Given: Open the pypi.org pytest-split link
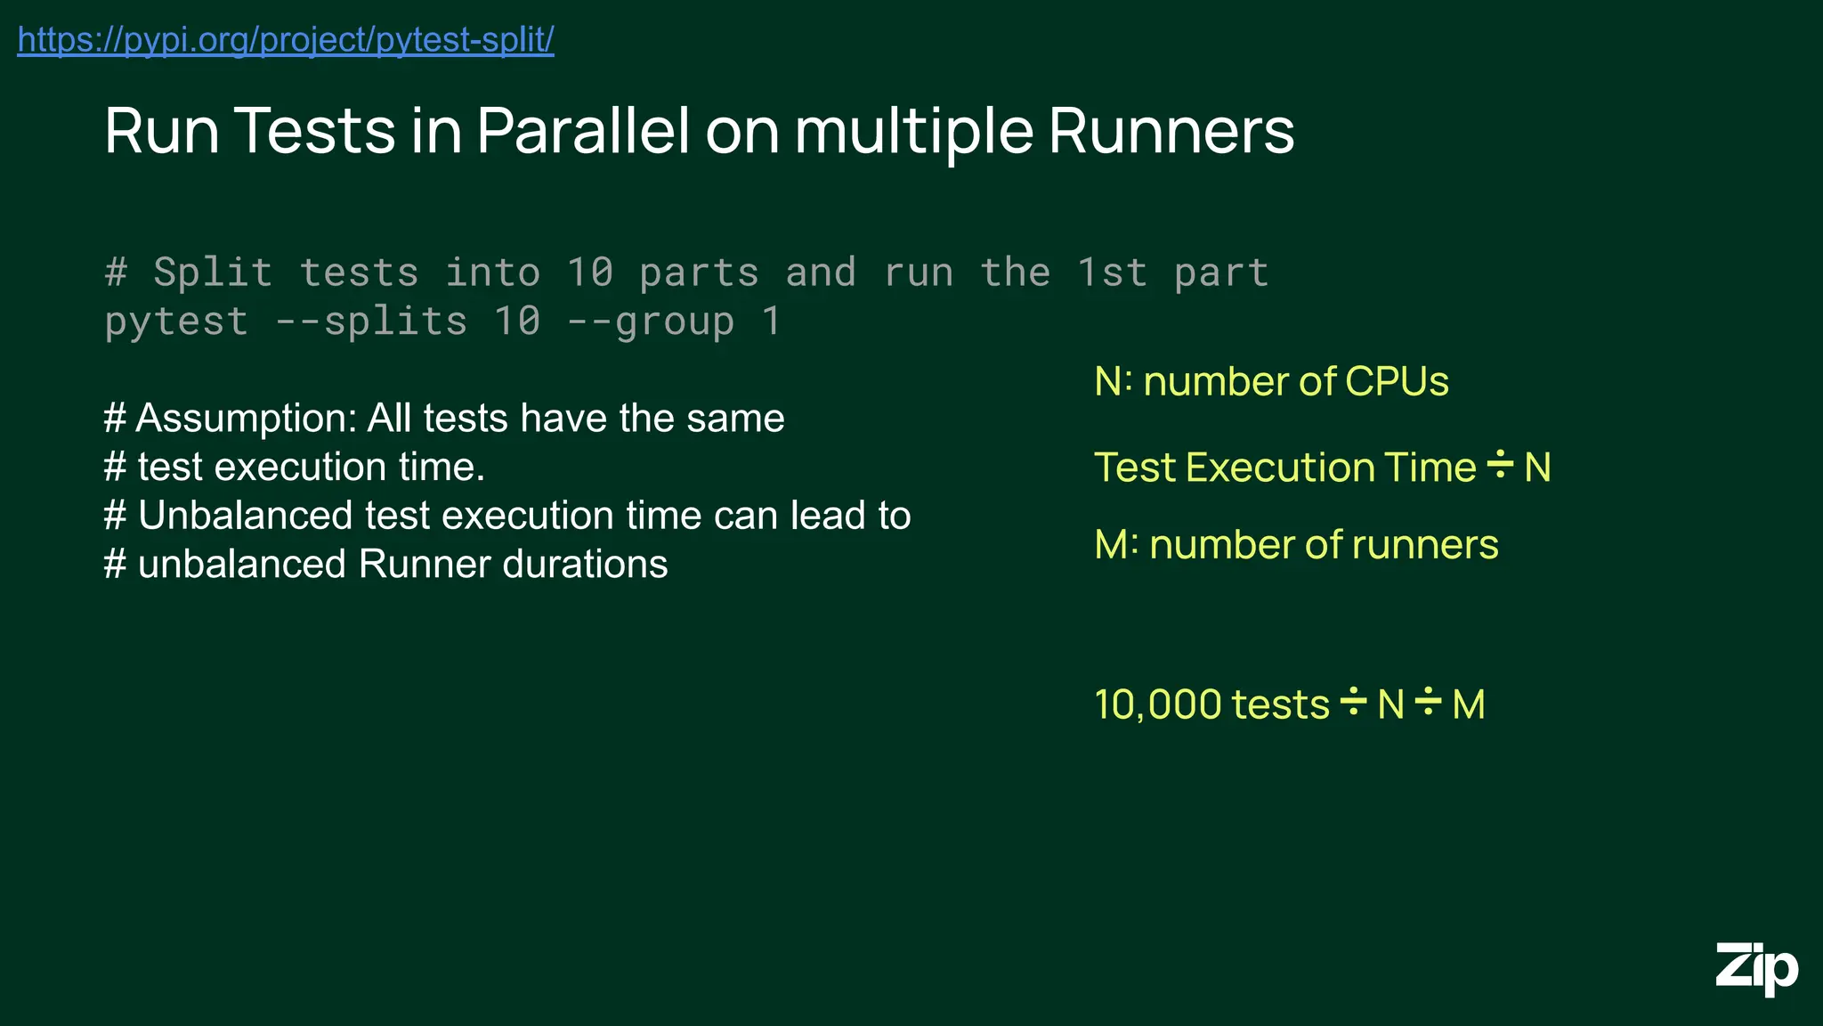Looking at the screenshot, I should click(x=286, y=40).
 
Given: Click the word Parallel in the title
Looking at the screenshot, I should click(x=583, y=131).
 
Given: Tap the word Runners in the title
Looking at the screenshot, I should click(x=1171, y=131).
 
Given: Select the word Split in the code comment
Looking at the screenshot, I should click(x=213, y=272).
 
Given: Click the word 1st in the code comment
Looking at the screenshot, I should click(x=1111, y=272).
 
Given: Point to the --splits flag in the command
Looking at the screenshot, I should click(x=371, y=321).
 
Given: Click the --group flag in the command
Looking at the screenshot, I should click(x=651, y=321).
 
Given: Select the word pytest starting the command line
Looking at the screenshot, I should click(x=176, y=322).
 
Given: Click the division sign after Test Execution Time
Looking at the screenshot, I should click(x=1500, y=465).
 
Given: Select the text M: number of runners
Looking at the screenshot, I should click(x=1296, y=544).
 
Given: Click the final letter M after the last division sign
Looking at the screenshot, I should click(x=1469, y=704).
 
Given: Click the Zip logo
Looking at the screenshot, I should click(x=1756, y=969).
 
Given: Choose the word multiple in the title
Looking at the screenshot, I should click(x=913, y=131).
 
